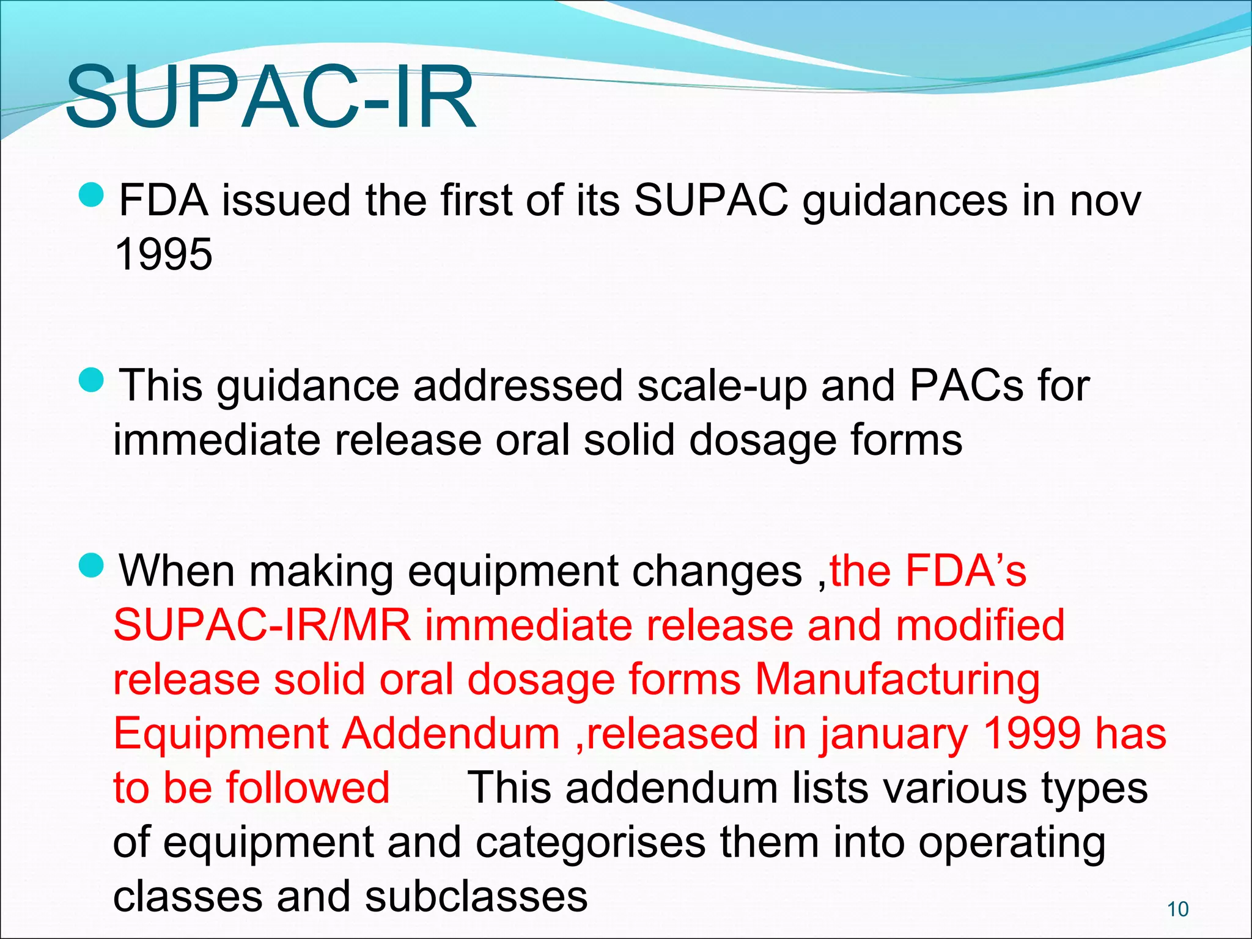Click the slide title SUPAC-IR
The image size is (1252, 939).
[271, 98]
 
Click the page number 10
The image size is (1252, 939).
[1177, 910]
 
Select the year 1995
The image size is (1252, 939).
[164, 254]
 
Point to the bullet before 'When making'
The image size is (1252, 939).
[92, 565]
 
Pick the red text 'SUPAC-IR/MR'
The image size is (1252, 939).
[262, 625]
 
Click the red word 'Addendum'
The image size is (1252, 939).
[451, 734]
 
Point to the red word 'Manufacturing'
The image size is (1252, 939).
[897, 680]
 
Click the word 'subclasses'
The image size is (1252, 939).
[477, 897]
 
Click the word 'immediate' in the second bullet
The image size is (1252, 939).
[216, 440]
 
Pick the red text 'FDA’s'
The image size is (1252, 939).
[966, 571]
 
